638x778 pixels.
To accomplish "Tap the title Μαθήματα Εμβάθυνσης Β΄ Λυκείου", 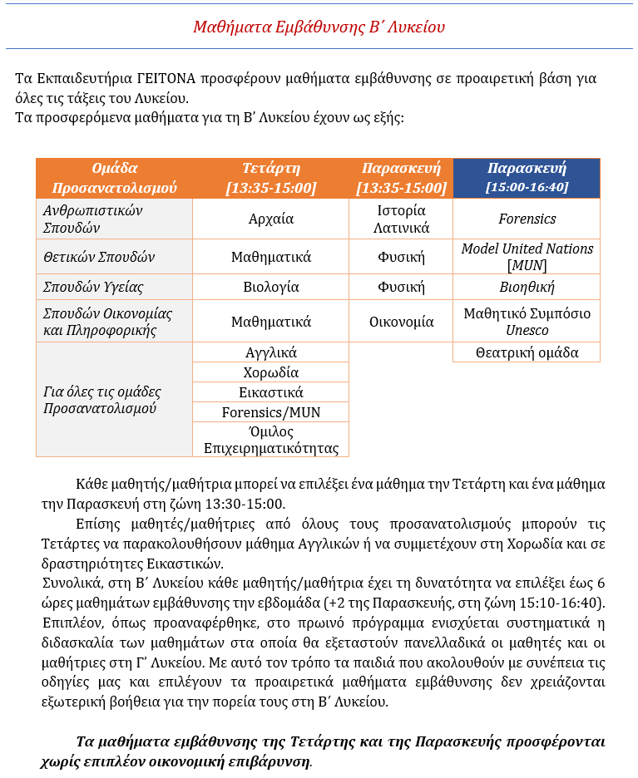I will point(319,27).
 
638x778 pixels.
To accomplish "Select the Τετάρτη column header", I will point(271,178).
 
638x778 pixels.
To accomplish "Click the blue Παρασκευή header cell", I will point(527,178).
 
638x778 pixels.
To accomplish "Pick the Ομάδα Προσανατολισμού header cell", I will point(115,178).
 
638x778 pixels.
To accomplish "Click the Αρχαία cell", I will point(271,219).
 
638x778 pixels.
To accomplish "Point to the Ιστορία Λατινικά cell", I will point(401,219).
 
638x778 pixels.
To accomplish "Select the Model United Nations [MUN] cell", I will point(527,257).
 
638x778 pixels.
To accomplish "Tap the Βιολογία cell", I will point(271,288).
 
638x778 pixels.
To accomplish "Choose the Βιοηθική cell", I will point(527,288).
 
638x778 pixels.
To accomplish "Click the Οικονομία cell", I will point(401,322).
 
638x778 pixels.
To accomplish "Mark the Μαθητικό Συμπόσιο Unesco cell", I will point(527,322).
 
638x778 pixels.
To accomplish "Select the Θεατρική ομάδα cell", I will point(527,352).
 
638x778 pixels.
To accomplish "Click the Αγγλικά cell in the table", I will point(271,352).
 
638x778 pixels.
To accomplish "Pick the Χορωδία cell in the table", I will point(271,372).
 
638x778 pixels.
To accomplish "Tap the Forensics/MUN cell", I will point(271,412).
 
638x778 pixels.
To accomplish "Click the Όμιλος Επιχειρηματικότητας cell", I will point(271,440).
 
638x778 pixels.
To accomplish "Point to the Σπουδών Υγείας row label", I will point(93,288).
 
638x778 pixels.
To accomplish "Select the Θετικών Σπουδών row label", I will point(99,257).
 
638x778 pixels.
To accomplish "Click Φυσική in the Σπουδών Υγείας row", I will point(401,288).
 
